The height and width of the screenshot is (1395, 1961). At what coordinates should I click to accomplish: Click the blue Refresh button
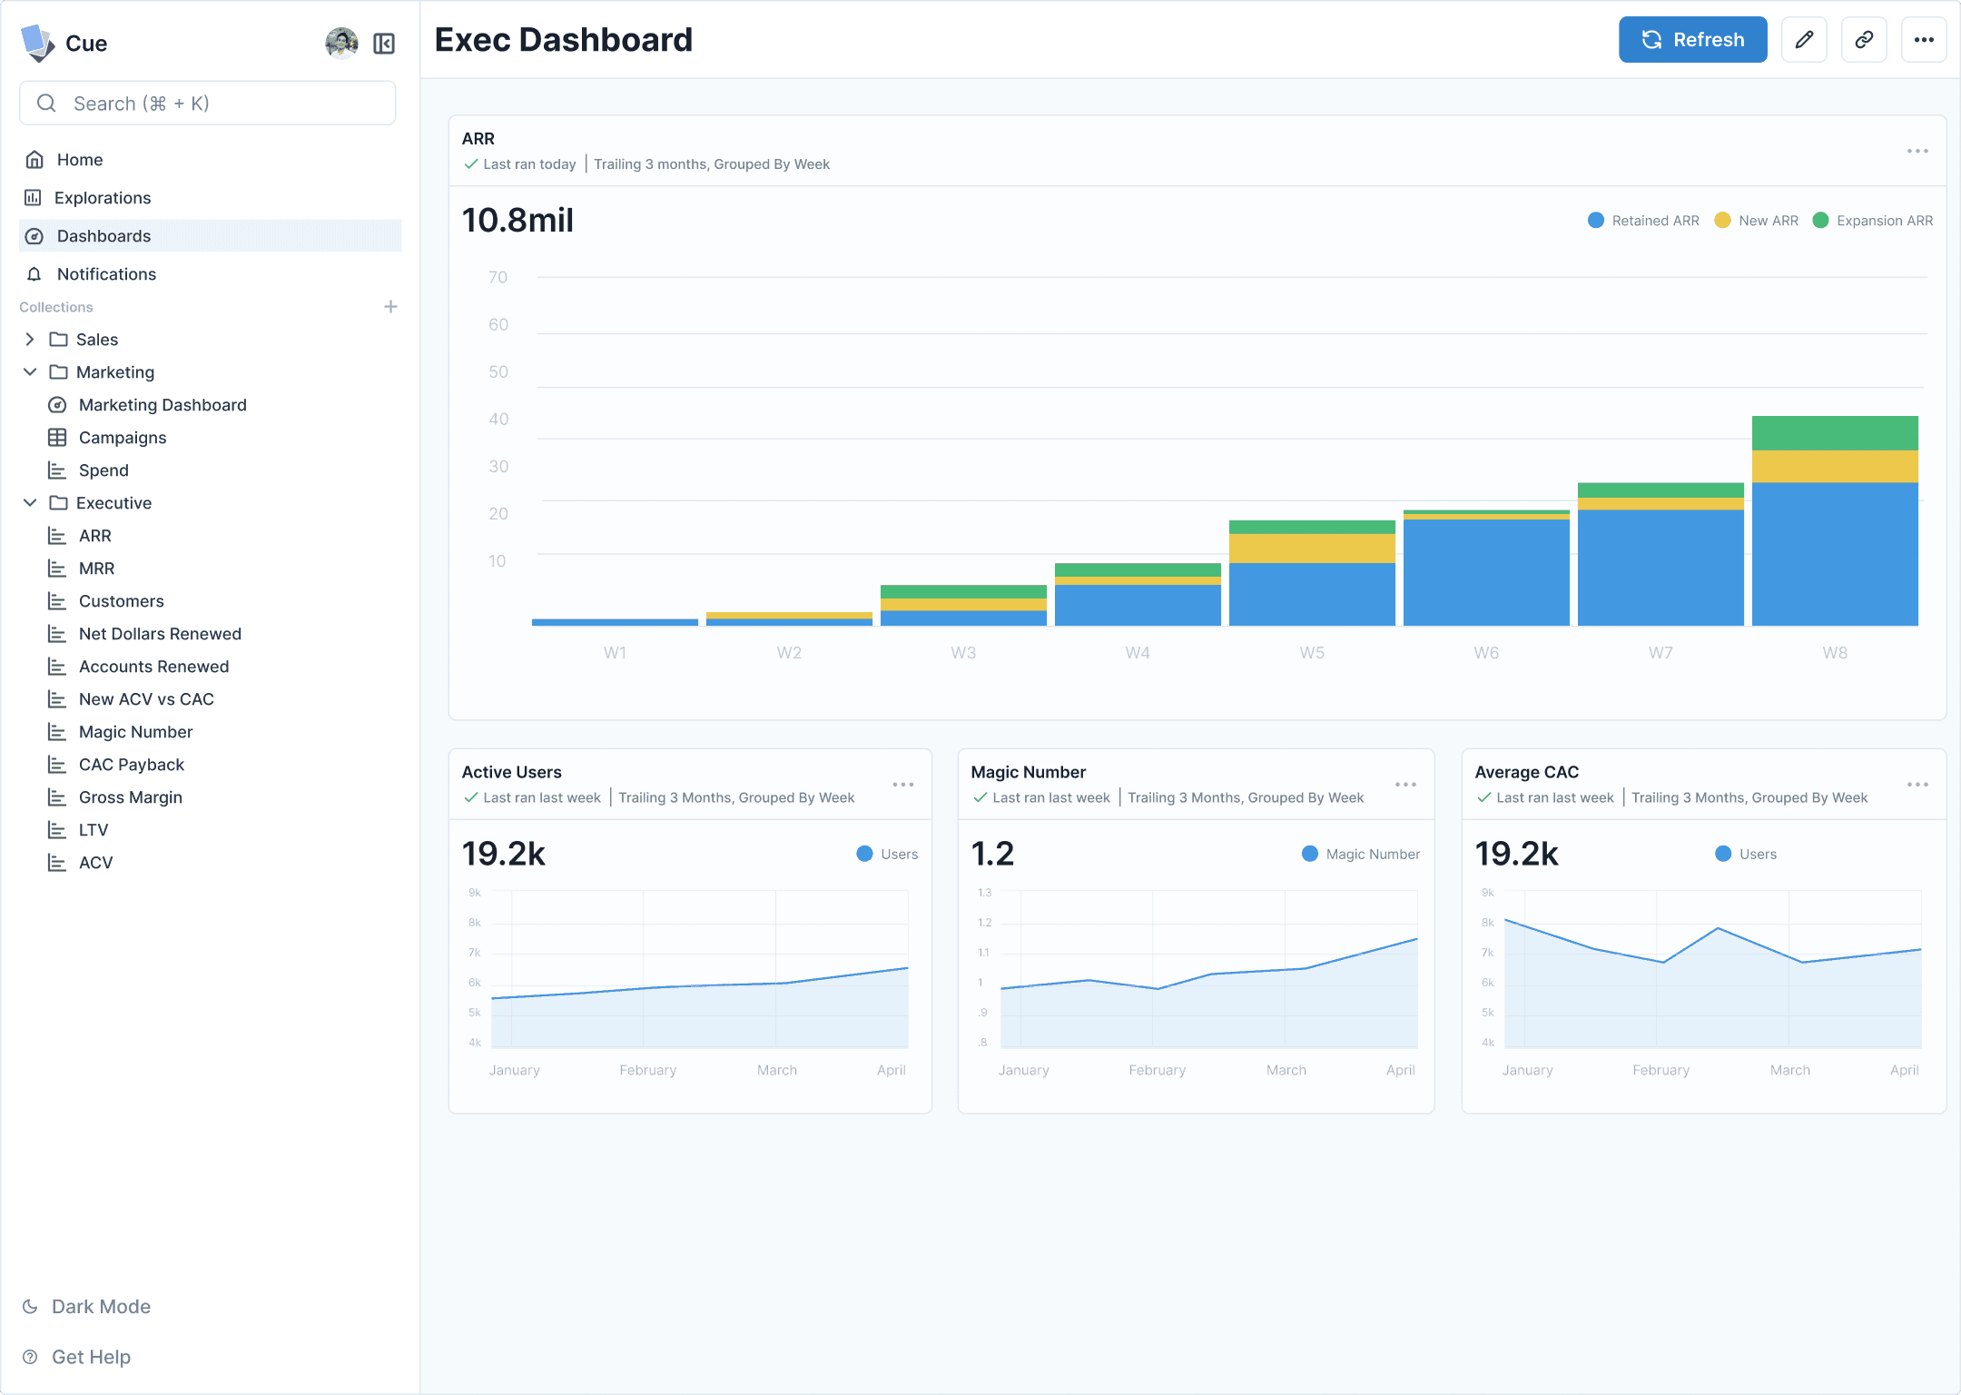(x=1692, y=40)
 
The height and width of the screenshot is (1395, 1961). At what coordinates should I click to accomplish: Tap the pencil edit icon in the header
(x=1804, y=40)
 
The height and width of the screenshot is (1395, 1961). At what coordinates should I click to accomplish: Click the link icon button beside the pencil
(x=1864, y=40)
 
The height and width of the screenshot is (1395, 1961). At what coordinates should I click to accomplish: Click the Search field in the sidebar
(x=207, y=104)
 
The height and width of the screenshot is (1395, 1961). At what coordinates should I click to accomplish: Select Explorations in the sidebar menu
(x=103, y=198)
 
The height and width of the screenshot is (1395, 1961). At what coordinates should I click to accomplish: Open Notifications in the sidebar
(x=106, y=274)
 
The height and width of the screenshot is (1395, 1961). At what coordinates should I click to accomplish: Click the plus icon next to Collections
(x=390, y=307)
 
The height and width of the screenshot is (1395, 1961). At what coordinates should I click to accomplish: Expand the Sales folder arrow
(x=30, y=340)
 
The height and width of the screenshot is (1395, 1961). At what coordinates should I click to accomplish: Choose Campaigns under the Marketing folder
(x=123, y=438)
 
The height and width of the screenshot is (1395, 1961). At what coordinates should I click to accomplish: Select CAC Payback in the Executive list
(x=132, y=765)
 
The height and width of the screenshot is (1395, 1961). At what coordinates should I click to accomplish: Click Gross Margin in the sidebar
(x=131, y=797)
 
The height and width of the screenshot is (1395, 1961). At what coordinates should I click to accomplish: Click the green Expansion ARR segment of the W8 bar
(x=1835, y=433)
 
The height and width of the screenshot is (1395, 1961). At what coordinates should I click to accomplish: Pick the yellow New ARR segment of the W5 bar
(x=1312, y=549)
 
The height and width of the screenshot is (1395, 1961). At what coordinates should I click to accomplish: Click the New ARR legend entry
(x=1756, y=221)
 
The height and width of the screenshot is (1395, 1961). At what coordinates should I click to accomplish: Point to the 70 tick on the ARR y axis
(x=498, y=277)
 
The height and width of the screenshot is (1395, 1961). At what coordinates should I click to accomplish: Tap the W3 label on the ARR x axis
(x=963, y=653)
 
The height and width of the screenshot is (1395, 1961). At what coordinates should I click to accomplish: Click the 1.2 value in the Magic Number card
(x=992, y=854)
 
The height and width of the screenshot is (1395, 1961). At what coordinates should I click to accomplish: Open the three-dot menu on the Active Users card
(x=902, y=785)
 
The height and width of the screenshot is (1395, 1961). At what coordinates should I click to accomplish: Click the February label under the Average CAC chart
(x=1660, y=1070)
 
